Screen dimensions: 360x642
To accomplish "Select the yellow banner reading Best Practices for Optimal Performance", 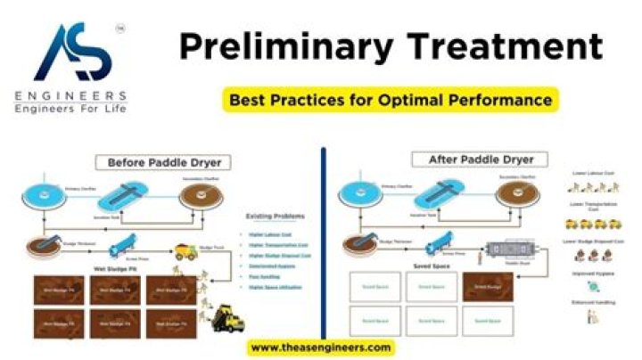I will [391, 100].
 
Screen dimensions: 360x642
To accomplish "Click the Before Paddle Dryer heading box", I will [164, 162].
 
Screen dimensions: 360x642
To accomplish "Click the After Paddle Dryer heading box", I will [473, 160].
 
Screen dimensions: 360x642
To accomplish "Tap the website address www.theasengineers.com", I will [320, 347].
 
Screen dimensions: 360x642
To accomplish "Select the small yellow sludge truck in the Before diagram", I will [185, 252].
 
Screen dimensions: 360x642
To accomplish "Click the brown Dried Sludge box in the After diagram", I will [487, 287].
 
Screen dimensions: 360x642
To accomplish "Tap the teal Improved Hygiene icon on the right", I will [592, 287].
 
